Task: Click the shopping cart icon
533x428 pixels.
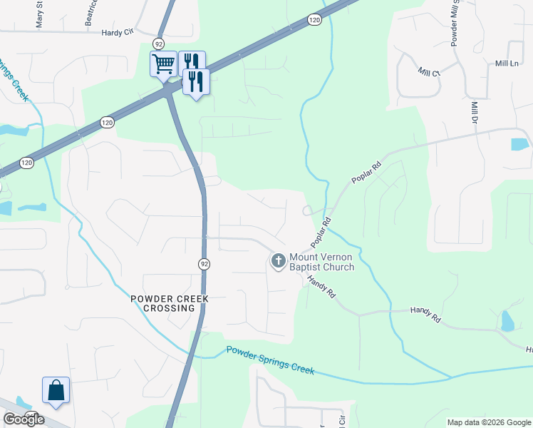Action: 164,64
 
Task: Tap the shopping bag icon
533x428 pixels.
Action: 56,390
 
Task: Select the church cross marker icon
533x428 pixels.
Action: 278,262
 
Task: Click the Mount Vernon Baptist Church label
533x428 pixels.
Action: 321,262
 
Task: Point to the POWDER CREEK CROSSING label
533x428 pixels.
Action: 162,303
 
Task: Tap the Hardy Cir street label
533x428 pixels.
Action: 118,32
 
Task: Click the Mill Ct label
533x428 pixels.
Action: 430,72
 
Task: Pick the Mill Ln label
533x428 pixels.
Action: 507,63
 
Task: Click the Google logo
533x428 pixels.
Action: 24,419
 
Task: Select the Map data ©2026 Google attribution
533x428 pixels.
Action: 487,422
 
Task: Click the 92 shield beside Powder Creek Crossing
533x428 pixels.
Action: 205,264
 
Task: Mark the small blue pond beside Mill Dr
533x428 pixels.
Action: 520,144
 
